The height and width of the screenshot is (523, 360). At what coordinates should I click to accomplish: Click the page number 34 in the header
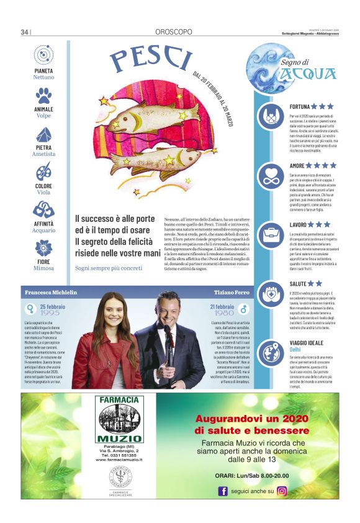(25, 32)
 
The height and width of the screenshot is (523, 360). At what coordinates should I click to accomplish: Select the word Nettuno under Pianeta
(43, 78)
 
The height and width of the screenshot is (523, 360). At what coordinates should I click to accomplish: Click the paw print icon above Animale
(43, 95)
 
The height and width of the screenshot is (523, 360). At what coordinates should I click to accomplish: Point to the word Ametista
(43, 154)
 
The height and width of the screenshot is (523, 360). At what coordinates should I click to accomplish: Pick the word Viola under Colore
(43, 193)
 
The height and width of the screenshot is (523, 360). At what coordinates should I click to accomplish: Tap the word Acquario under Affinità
(43, 230)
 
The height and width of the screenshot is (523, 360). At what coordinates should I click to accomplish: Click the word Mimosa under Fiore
(43, 269)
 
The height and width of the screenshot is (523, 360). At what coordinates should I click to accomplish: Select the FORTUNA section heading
(299, 107)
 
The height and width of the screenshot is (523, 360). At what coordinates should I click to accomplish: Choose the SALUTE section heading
(298, 284)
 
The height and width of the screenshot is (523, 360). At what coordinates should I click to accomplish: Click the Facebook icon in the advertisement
(223, 491)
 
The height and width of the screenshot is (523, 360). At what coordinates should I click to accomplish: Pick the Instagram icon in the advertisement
(282, 491)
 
